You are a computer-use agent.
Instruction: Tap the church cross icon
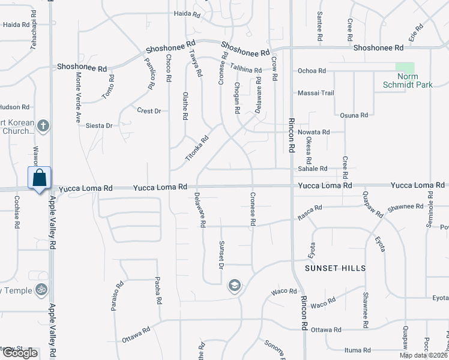(x=42, y=125)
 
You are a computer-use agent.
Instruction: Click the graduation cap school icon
(x=234, y=286)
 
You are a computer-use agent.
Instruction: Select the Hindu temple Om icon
(x=41, y=290)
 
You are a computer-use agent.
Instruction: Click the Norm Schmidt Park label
(x=408, y=81)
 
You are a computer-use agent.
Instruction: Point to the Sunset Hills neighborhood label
(x=336, y=268)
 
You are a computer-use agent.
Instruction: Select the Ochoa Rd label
(x=312, y=71)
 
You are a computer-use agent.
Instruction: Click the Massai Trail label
(x=316, y=93)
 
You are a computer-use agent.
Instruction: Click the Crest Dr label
(x=149, y=111)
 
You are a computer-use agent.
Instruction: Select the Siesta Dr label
(x=99, y=126)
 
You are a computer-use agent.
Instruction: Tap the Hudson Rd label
(x=14, y=107)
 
